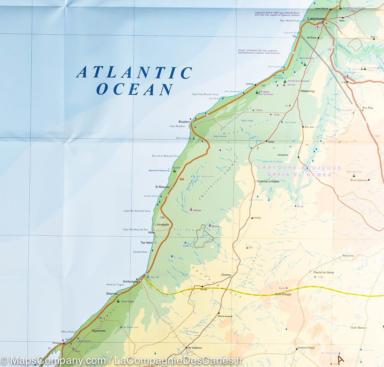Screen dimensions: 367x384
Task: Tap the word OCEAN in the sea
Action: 134,89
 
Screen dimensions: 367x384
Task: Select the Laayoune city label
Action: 316,19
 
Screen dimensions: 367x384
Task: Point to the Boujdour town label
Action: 184,122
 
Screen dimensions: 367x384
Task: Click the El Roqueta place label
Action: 162,187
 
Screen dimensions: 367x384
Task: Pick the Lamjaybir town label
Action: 163,225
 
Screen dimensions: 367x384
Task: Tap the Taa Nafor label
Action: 147,243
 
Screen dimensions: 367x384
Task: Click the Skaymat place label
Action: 112,294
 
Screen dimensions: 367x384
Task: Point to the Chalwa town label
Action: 226,275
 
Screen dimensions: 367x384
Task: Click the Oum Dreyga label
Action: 283,294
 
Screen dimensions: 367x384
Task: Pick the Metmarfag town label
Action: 308,91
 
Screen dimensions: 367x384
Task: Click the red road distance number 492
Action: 182,179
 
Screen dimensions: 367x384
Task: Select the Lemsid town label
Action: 249,84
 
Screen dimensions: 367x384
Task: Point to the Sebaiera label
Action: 348,256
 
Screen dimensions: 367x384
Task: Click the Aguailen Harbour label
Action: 158,170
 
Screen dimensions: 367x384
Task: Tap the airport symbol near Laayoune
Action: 317,27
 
